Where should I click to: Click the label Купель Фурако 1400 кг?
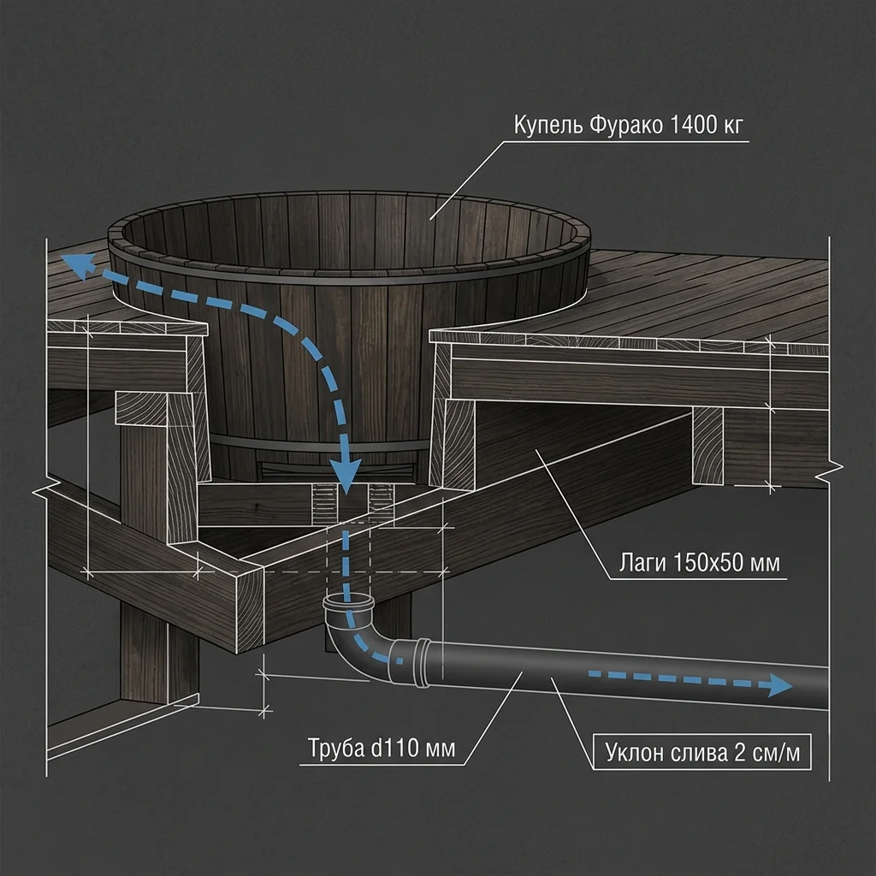click(x=628, y=125)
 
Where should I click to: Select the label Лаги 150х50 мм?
click(x=699, y=562)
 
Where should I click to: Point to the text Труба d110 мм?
click(x=382, y=748)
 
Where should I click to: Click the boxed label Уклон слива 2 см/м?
click(x=701, y=752)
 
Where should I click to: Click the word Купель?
click(x=548, y=125)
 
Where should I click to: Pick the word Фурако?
click(x=625, y=125)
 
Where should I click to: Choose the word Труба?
click(x=335, y=748)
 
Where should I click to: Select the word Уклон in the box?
click(x=634, y=753)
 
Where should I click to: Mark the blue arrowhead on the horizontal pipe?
click(x=779, y=685)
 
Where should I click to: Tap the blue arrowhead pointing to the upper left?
click(x=77, y=264)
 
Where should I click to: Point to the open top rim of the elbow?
click(x=347, y=602)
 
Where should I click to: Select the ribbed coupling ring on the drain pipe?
click(x=422, y=663)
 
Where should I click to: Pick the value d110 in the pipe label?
click(x=395, y=748)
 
